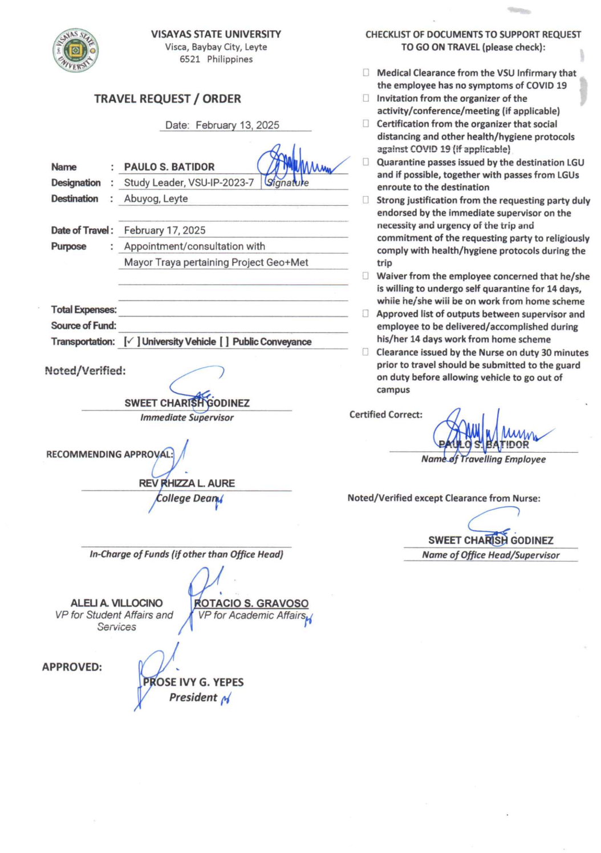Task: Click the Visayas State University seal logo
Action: tap(76, 51)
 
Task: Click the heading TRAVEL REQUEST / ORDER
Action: tap(168, 99)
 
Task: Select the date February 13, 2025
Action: tap(237, 125)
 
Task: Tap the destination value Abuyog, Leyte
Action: tap(156, 198)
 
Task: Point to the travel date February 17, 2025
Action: tap(165, 230)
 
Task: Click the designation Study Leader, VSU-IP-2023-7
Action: tap(189, 182)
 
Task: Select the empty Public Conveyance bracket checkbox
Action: tap(224, 342)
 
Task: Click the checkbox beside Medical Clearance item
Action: tap(366, 72)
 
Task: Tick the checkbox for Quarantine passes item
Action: tap(366, 162)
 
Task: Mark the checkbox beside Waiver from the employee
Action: tap(366, 276)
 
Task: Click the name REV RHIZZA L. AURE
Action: tap(186, 483)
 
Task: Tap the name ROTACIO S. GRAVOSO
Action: tap(251, 603)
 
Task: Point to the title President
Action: tap(193, 697)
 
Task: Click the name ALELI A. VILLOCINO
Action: tap(116, 603)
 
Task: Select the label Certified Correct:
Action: tap(386, 415)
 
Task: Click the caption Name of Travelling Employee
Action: tap(483, 459)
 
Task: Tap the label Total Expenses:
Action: tap(84, 310)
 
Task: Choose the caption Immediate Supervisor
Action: tap(187, 417)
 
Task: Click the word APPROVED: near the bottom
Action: tap(72, 667)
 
